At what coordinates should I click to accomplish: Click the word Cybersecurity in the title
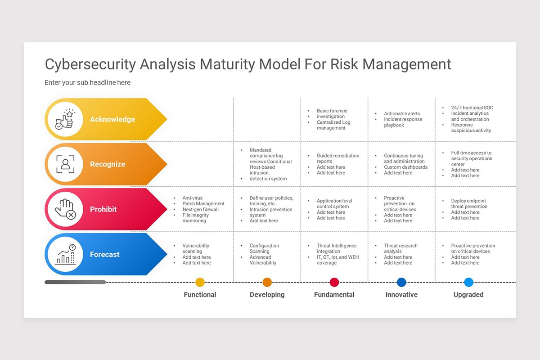pos(90,64)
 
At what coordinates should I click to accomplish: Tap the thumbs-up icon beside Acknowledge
pos(64,119)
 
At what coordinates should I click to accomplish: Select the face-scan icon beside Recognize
pos(64,164)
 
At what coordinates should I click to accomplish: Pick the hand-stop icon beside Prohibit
pos(64,209)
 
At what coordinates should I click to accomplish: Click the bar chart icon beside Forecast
pos(64,254)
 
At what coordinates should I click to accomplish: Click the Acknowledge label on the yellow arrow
pos(112,119)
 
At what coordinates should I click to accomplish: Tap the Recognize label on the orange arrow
pos(108,164)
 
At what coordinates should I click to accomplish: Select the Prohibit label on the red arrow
pos(103,209)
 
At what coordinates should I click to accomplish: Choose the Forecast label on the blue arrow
pos(104,254)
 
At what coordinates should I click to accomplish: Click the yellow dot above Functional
pos(200,282)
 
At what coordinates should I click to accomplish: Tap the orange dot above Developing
pos(267,282)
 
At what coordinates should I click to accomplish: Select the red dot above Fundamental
pos(334,282)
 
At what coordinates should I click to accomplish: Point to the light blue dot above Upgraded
pos(468,282)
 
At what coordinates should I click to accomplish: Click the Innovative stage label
pos(401,295)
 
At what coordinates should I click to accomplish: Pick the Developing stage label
pos(267,295)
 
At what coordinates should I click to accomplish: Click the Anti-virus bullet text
pos(192,198)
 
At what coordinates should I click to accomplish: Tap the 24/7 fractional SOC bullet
pos(472,108)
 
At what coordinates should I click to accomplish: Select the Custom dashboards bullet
pos(405,167)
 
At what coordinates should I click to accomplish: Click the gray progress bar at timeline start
pos(75,282)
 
